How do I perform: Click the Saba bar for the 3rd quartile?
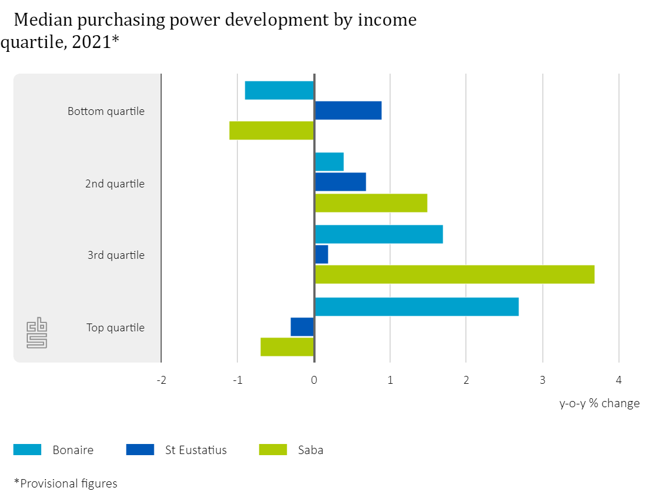click(454, 274)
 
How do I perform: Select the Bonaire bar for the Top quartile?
click(416, 307)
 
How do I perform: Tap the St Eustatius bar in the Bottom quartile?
click(348, 110)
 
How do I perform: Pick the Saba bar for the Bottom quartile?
click(272, 131)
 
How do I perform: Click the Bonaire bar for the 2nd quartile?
click(329, 162)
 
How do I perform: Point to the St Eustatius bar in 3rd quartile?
click(321, 254)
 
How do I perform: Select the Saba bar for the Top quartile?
click(287, 347)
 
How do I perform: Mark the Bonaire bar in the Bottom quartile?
click(279, 90)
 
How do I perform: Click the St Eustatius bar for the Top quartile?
click(302, 327)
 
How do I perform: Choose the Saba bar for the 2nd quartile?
click(371, 203)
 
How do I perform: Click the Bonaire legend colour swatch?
click(27, 450)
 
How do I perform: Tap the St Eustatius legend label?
click(196, 450)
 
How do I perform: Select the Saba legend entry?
click(311, 450)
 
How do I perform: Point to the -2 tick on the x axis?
click(161, 380)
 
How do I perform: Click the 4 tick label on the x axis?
click(618, 380)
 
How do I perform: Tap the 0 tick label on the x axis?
click(314, 380)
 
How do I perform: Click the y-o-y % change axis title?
click(599, 403)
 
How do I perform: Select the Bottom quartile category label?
click(106, 111)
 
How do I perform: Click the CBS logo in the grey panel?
click(37, 333)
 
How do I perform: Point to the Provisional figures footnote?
click(66, 483)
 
